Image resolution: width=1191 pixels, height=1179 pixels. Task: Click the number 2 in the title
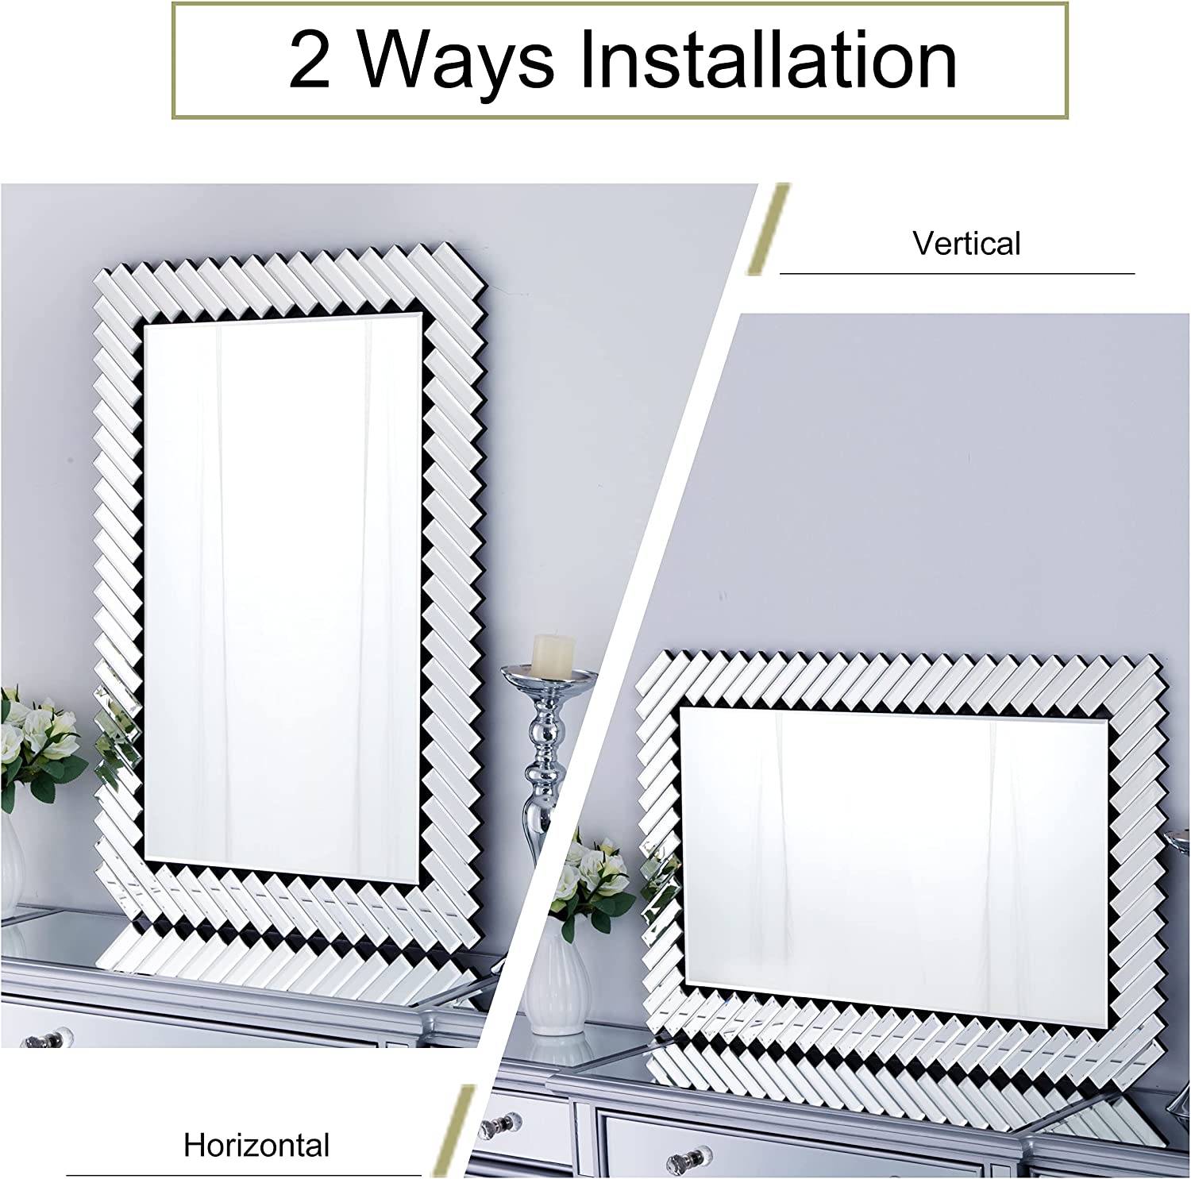coord(309,61)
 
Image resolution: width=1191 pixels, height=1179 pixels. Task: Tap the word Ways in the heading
coord(456,61)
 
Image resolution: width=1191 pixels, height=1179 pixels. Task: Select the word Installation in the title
coord(768,61)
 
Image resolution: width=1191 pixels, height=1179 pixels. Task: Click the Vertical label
coord(966,244)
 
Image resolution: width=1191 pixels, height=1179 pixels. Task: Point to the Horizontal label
coord(256,1145)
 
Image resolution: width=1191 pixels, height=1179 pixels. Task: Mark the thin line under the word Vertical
coord(957,273)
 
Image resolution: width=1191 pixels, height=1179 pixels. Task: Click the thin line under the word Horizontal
coord(243,1174)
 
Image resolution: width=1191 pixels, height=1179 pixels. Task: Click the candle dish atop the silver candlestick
coord(549,677)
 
